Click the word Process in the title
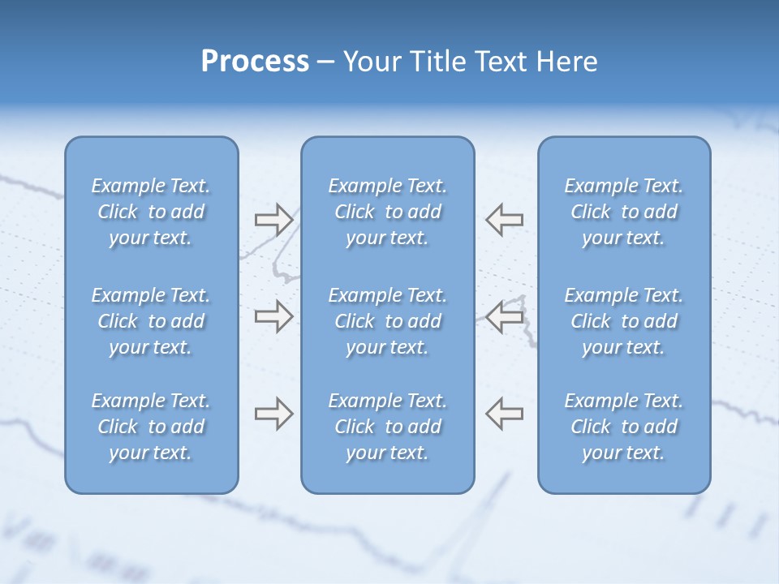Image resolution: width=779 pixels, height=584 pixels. [255, 62]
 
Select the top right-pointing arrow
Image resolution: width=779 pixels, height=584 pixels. [273, 219]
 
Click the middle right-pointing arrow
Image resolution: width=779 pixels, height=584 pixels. [273, 316]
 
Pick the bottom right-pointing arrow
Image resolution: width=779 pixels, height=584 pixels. [273, 414]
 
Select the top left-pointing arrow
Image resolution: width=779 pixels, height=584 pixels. [504, 219]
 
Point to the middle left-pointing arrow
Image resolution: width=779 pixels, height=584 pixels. [504, 316]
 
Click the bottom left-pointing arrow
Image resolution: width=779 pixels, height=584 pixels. [504, 414]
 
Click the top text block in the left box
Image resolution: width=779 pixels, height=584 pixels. [151, 212]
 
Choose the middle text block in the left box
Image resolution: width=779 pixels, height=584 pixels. [151, 321]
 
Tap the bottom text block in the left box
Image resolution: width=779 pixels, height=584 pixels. [151, 427]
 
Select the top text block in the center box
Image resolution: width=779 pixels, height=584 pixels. [388, 212]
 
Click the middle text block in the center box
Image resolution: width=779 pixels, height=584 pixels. [388, 321]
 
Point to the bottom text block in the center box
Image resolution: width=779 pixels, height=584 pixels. [388, 427]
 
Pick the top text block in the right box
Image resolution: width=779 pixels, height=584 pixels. [624, 212]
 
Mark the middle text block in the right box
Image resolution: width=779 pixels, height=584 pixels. [624, 321]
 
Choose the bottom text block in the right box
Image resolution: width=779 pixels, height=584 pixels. [624, 427]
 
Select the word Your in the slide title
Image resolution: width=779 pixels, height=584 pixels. [371, 62]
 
